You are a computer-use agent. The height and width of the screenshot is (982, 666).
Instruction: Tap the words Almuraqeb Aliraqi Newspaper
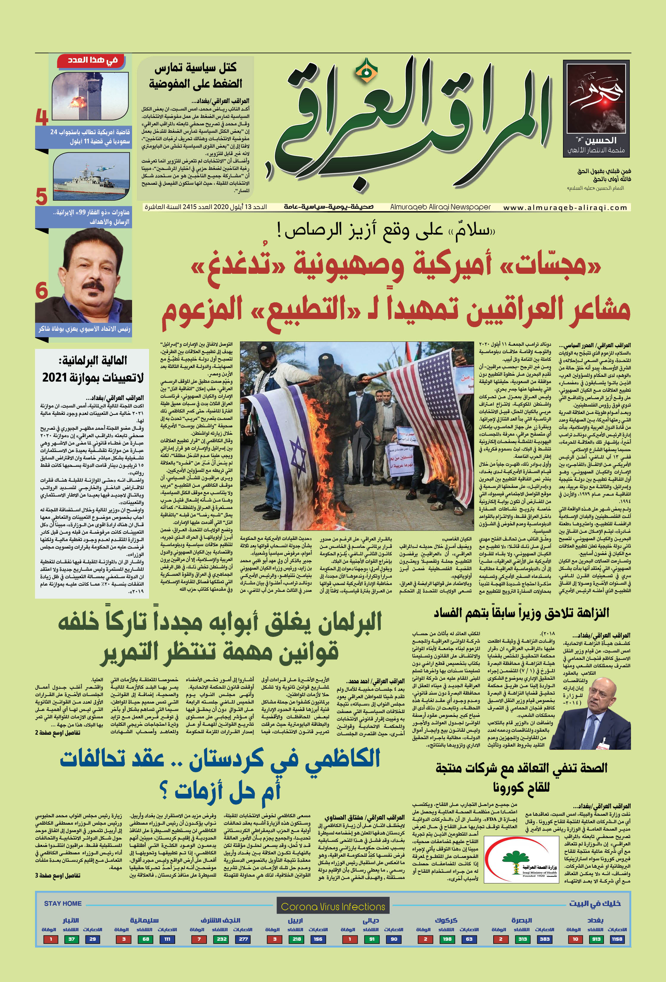(x=440, y=207)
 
